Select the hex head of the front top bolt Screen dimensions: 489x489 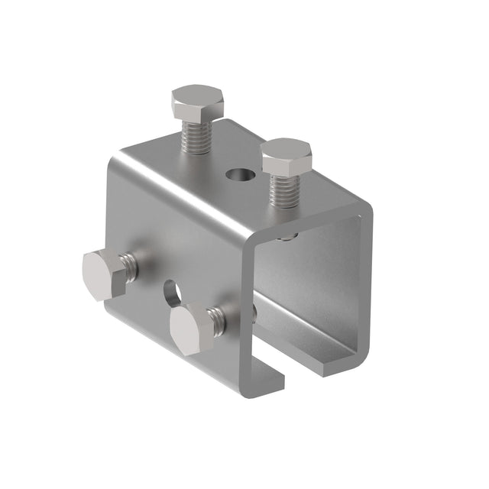tap(287, 156)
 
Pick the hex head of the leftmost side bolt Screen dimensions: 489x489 tap(103, 273)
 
